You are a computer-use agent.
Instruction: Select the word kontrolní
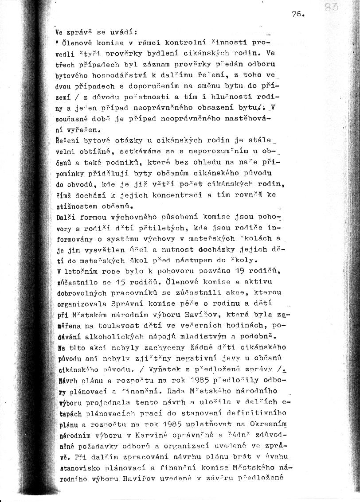click(x=184, y=43)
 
